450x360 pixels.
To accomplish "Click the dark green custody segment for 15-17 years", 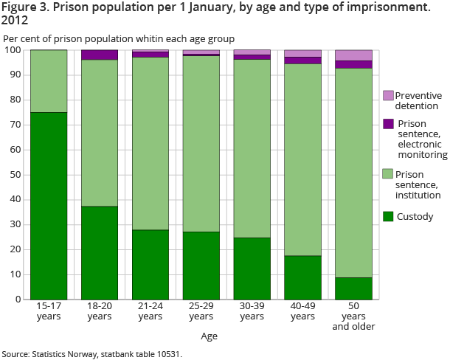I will [x=49, y=206].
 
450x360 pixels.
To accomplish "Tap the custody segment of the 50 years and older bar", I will [x=353, y=288].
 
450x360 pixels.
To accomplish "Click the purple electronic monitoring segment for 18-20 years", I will [x=100, y=55].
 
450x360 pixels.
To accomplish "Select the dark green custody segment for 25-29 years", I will [x=201, y=266].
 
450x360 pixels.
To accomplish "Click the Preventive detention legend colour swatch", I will [x=388, y=96].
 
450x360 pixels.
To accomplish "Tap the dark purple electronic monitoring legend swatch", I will [x=388, y=124].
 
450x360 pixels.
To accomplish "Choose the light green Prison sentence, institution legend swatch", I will [x=388, y=173].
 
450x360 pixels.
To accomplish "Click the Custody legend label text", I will [x=415, y=217].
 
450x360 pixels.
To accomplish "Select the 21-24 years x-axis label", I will [x=150, y=311].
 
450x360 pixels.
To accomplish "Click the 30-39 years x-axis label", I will [x=252, y=311].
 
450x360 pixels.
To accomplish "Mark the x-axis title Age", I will [x=209, y=336].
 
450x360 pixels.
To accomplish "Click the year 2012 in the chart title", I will [x=14, y=21].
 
